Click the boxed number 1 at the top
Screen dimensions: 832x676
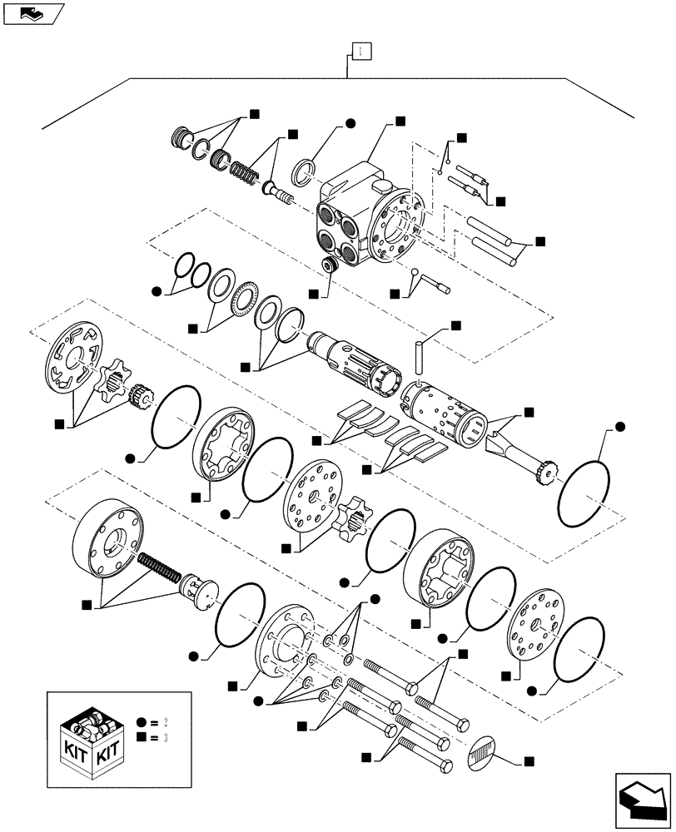click(359, 52)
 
